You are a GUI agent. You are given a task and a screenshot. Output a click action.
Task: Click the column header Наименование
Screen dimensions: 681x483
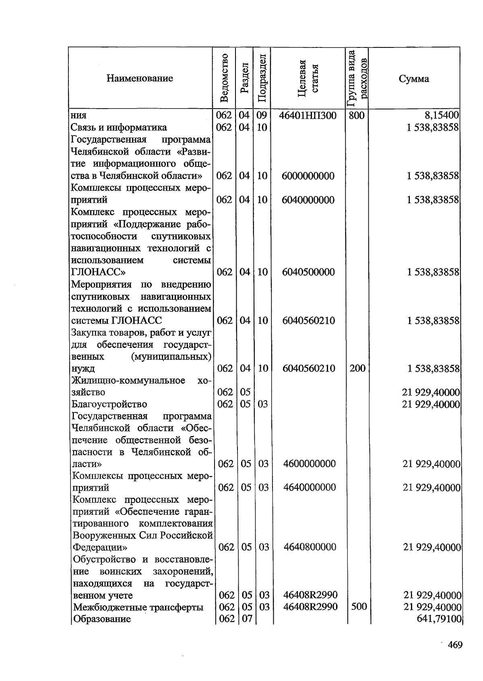[140, 78]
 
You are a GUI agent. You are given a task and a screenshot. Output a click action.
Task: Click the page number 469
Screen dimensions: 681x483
[455, 645]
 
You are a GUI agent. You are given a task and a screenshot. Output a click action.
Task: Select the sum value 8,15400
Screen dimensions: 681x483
[442, 115]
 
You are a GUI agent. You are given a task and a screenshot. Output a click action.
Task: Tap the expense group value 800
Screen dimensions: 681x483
[357, 116]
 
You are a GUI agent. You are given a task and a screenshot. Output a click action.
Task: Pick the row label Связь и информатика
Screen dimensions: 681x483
[119, 128]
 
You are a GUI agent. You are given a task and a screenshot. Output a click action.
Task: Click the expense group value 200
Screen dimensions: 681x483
[357, 368]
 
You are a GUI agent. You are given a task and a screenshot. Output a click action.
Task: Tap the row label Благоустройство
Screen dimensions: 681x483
[109, 404]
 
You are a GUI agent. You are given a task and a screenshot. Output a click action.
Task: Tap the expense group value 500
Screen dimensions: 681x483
[359, 607]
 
